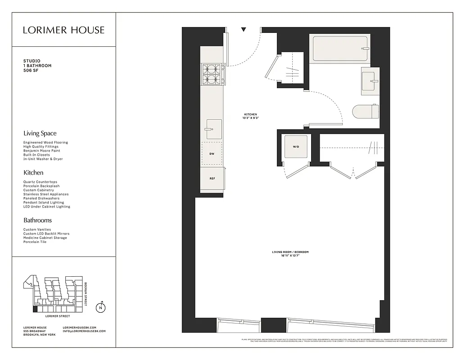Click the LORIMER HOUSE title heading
tap(63, 30)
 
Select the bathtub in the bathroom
tap(340, 49)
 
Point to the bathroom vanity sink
tap(370, 81)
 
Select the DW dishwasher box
tap(212, 154)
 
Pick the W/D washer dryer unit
tap(296, 147)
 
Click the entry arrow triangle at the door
tap(244, 30)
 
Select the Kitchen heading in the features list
tap(33, 172)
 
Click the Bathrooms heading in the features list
tap(37, 220)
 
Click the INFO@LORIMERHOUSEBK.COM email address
tap(84, 331)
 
